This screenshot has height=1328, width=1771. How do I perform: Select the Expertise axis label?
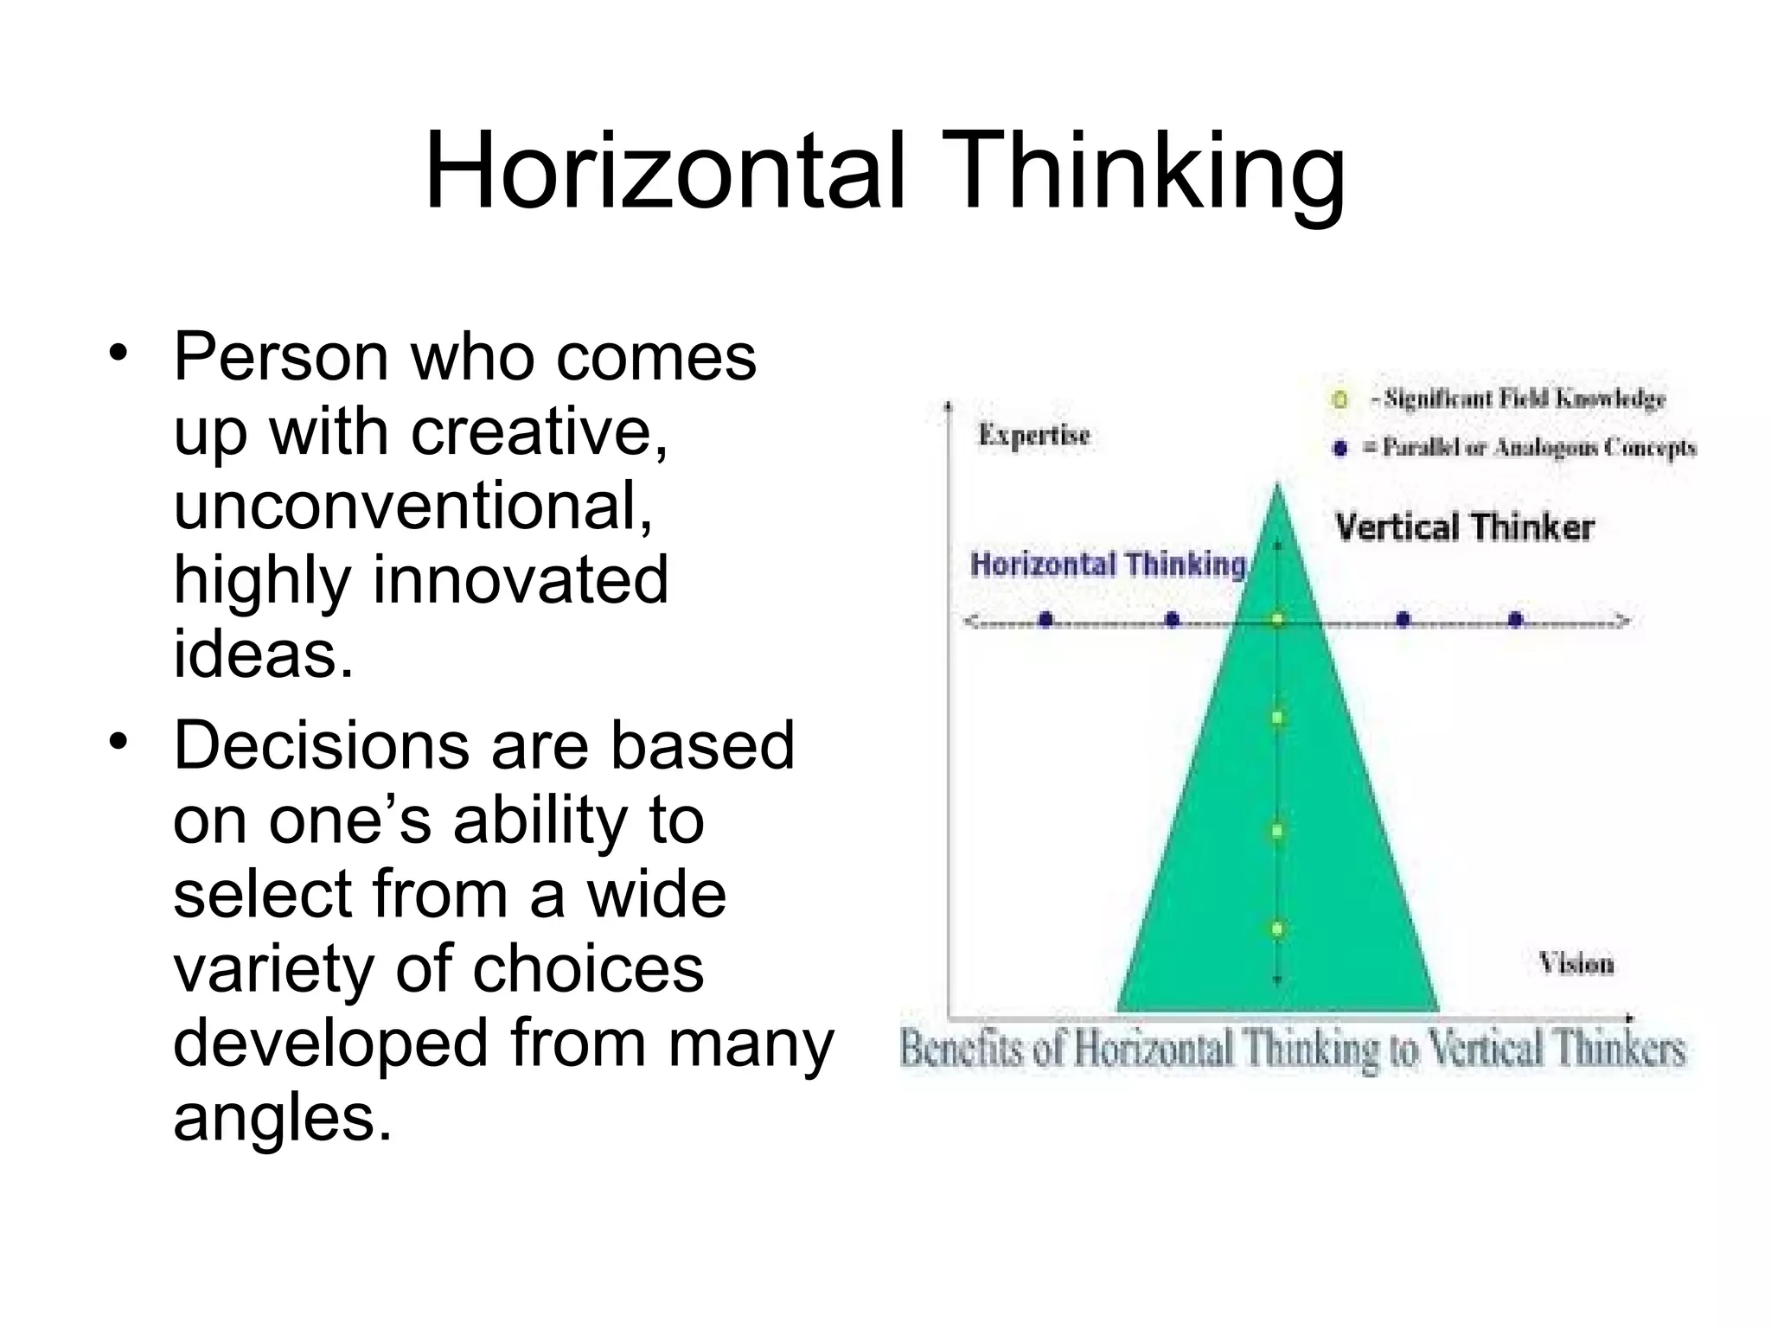tap(1034, 436)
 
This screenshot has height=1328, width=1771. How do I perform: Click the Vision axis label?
tap(1576, 963)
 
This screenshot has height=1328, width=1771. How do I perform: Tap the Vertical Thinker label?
tap(1464, 527)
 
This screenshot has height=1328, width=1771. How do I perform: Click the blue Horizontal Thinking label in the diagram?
tap(1108, 565)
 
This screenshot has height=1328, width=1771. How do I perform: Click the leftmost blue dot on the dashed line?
tap(1045, 619)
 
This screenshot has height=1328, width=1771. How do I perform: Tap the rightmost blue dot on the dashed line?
tap(1515, 619)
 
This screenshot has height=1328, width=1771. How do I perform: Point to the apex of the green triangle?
tap(1277, 486)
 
